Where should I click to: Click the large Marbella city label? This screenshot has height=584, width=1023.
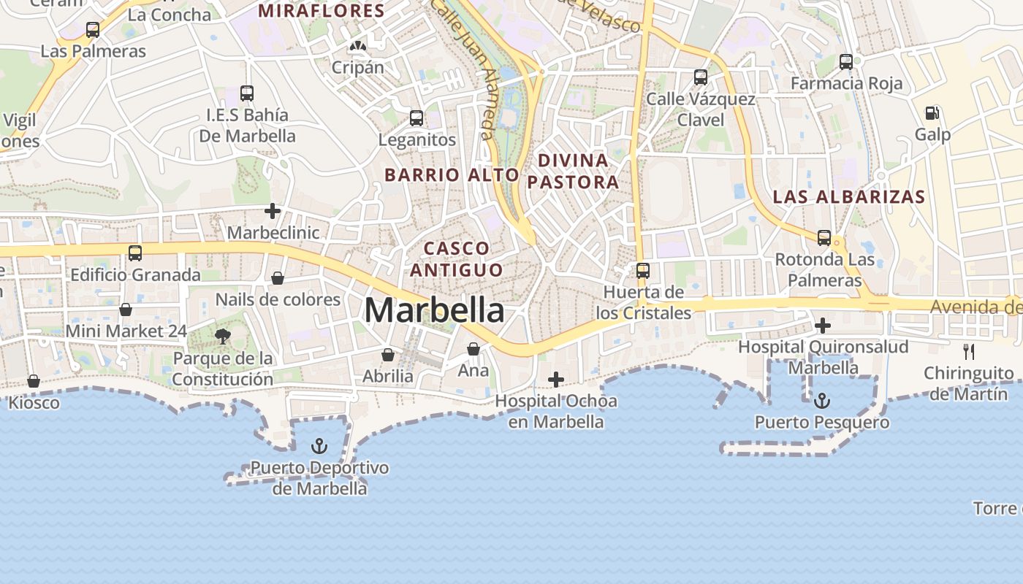[434, 310]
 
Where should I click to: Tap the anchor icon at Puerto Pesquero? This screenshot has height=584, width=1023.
[822, 400]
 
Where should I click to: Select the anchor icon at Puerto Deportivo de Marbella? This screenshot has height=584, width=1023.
[319, 445]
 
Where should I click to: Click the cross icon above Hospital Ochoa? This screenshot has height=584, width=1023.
[555, 379]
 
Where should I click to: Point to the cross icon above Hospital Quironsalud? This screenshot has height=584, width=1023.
[823, 325]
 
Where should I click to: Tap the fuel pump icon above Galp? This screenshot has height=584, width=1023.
[932, 112]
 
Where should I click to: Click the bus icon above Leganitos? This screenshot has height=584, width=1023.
[417, 118]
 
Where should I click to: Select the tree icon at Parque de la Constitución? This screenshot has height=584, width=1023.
[223, 336]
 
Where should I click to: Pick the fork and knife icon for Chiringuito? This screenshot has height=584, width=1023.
[969, 351]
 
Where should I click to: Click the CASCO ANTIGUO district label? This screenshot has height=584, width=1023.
[457, 259]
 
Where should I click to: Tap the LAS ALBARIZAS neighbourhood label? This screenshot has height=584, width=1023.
[849, 196]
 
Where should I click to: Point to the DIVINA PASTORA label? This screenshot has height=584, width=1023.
[573, 171]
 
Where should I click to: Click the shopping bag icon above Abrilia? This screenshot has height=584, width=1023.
[388, 355]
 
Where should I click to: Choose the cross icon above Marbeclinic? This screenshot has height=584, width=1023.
[273, 211]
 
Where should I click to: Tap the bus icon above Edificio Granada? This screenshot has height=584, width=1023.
[135, 253]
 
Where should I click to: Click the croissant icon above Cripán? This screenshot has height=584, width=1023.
[357, 46]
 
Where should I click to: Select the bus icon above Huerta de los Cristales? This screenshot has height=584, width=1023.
[643, 270]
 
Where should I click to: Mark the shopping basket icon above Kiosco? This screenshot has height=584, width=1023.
[34, 381]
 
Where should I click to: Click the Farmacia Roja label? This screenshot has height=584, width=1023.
[846, 83]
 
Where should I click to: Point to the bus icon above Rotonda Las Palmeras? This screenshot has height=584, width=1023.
[824, 237]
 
